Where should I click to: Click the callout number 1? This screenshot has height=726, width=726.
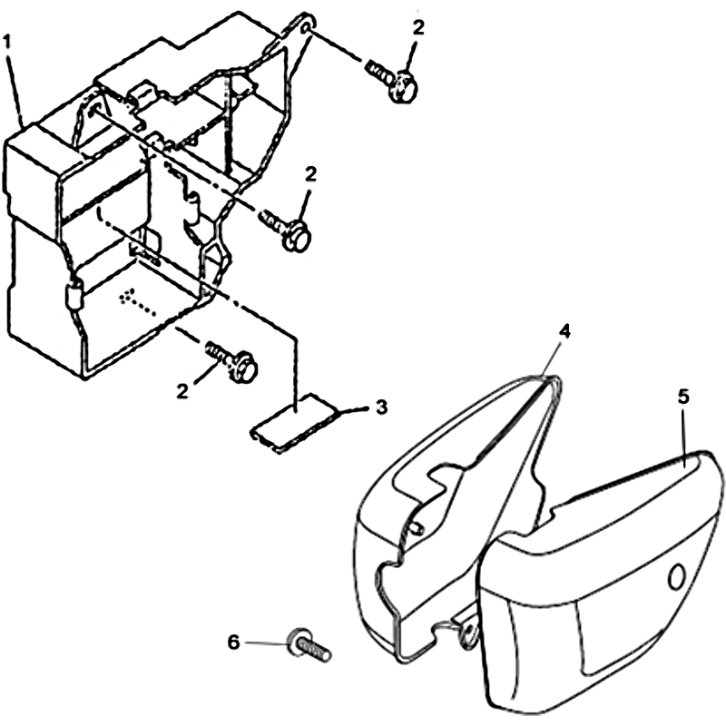click(6, 42)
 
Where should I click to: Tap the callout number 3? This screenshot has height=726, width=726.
click(380, 407)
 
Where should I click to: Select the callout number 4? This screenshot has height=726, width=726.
click(564, 331)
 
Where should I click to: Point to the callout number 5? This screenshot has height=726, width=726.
click(684, 397)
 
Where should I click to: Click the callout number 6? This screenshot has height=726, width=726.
click(234, 643)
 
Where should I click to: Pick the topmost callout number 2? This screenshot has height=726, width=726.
click(417, 28)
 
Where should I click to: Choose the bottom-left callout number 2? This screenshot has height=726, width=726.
click(182, 391)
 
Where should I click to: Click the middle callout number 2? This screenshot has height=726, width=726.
click(310, 174)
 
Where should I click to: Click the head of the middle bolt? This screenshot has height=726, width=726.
click(297, 237)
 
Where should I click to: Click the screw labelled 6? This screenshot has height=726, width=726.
click(309, 644)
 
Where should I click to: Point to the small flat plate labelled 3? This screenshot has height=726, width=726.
click(295, 423)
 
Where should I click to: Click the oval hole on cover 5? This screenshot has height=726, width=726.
click(676, 576)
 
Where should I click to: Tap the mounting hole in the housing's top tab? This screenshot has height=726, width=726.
click(305, 29)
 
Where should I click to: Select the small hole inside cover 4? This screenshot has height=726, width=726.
click(416, 527)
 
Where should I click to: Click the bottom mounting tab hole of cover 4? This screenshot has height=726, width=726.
click(469, 630)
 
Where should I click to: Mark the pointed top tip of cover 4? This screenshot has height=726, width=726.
click(554, 377)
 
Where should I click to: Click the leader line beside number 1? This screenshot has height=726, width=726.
click(16, 86)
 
